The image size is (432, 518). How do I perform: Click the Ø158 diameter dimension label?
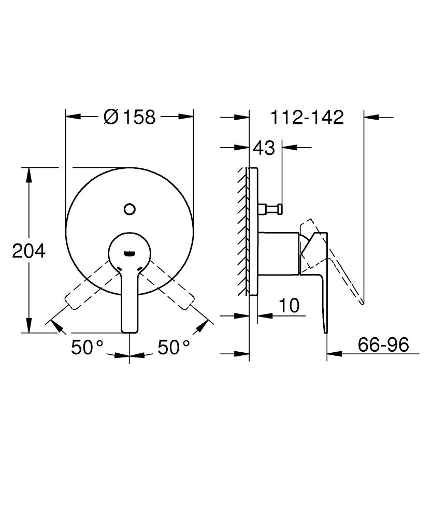pyautogui.click(x=129, y=117)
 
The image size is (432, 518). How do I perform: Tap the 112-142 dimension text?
pyautogui.click(x=307, y=118)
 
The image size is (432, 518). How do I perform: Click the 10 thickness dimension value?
pyautogui.click(x=290, y=306)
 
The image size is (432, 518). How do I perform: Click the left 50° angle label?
pyautogui.click(x=88, y=347)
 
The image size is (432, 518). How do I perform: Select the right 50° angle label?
pyautogui.click(x=174, y=347)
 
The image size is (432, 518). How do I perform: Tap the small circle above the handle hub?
pyautogui.click(x=129, y=209)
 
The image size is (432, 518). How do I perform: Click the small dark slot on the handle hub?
pyautogui.click(x=129, y=253)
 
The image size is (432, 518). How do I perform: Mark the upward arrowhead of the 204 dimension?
pyautogui.click(x=30, y=174)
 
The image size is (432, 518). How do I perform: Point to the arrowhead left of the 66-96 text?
pyautogui.click(x=334, y=355)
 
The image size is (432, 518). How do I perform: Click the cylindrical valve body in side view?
pyautogui.click(x=278, y=253)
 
